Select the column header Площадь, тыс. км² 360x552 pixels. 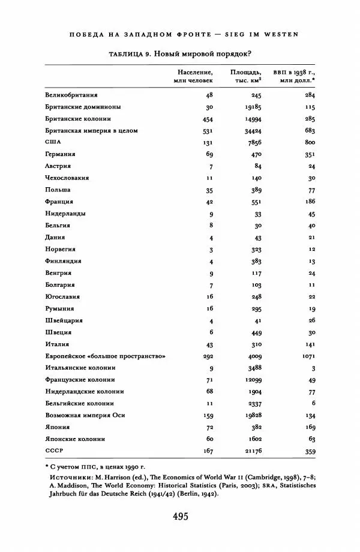[x=245, y=76]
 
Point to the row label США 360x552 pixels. [x=54, y=142]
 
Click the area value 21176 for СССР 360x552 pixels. [x=254, y=451]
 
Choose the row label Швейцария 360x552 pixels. [x=63, y=320]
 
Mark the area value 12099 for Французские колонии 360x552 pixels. [x=254, y=380]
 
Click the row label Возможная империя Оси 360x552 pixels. [x=81, y=415]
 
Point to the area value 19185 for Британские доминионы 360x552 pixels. [x=254, y=107]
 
